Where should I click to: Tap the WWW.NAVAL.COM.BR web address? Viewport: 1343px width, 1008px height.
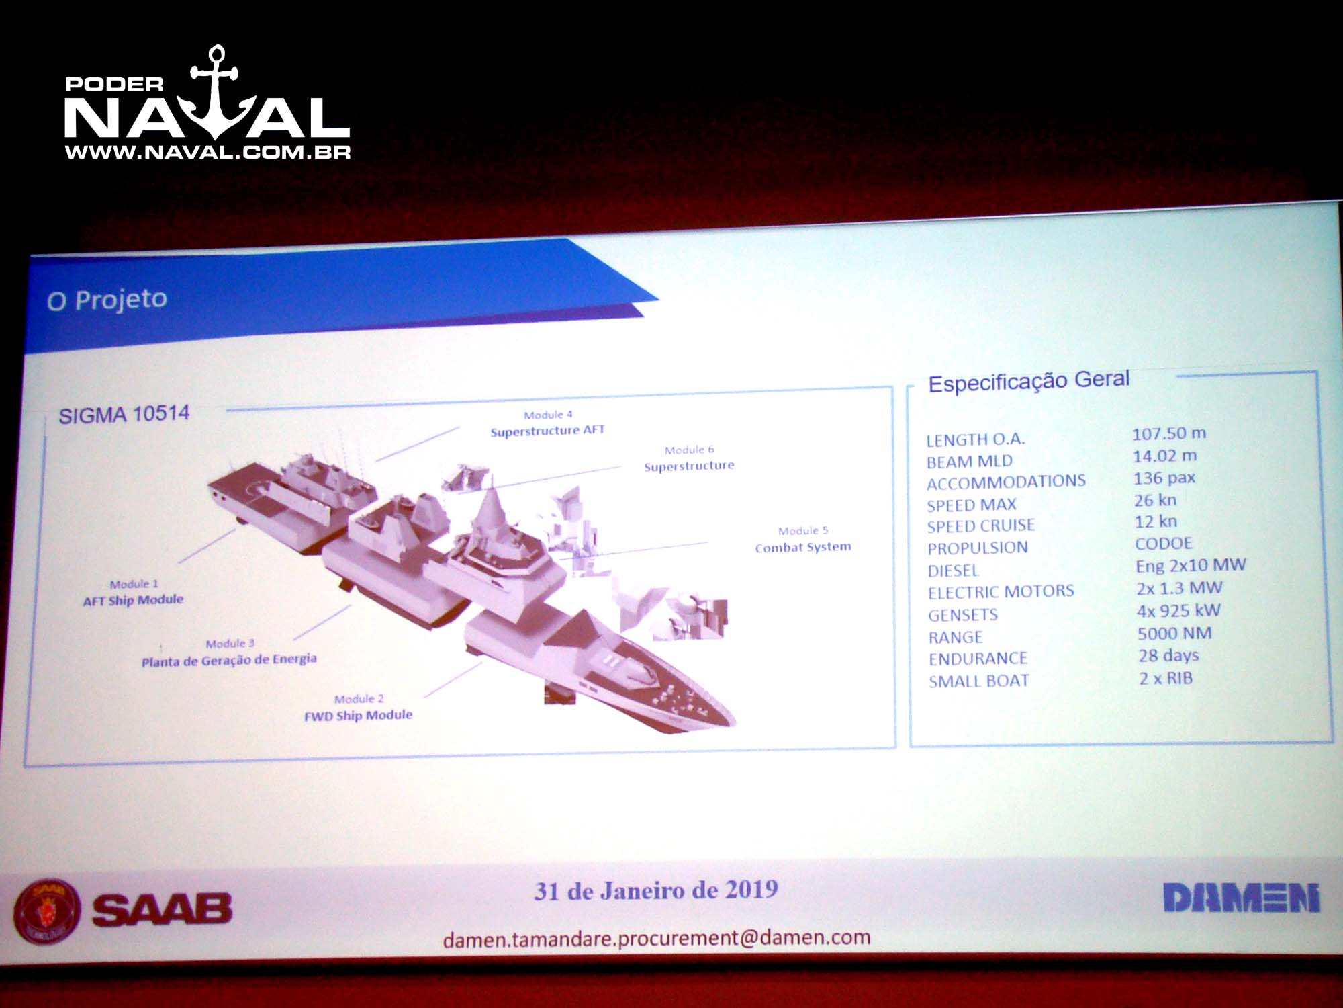point(207,153)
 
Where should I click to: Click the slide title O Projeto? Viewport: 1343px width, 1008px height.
point(107,300)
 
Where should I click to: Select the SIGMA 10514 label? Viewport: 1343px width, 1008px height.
point(124,414)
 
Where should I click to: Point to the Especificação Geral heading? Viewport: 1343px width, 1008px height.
point(1029,381)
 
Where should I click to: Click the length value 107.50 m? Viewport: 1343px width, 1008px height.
point(1169,433)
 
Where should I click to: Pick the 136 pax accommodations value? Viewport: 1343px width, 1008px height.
point(1164,478)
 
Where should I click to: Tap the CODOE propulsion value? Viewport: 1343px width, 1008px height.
point(1164,543)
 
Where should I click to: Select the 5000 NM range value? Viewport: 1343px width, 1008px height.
point(1174,633)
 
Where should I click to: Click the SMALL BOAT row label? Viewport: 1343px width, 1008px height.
point(979,681)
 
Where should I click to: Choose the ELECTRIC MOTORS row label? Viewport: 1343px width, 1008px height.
point(1001,592)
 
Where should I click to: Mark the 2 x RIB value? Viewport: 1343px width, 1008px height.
point(1166,678)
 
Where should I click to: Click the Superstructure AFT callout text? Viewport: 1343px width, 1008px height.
point(547,431)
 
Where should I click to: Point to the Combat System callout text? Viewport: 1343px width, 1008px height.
point(803,547)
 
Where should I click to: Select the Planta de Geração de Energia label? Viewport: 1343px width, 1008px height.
point(229,660)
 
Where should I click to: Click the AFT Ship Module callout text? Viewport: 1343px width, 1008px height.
point(133,600)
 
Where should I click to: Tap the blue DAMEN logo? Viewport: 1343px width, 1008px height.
point(1242,898)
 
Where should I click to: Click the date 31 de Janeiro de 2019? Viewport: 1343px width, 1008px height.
point(656,890)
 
